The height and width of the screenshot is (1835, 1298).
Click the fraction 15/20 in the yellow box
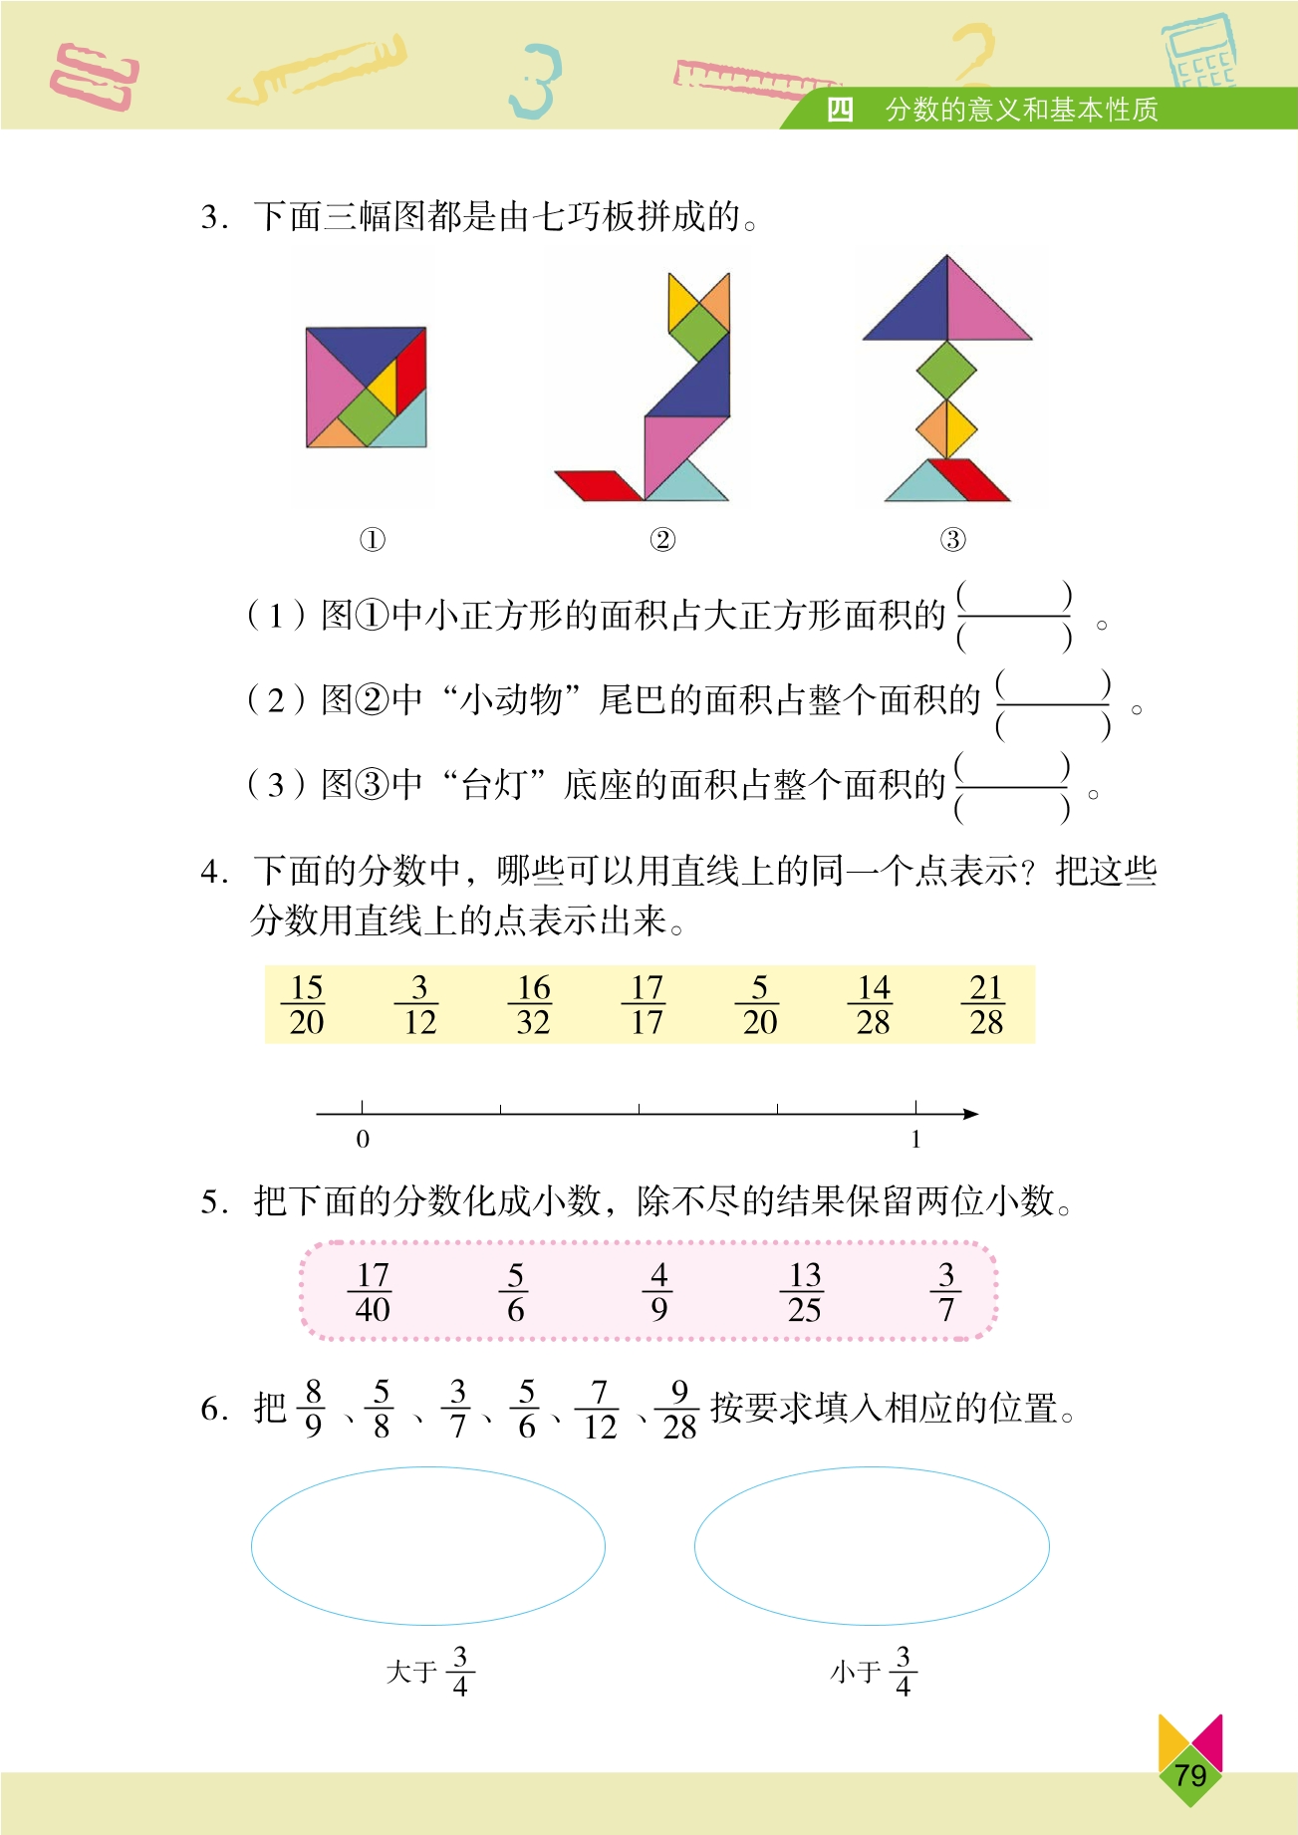tap(306, 1004)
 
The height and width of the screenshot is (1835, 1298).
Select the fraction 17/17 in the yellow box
tap(647, 1004)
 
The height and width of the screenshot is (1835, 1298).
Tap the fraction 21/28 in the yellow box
tap(986, 1004)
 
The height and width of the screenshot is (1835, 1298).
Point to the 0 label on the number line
tap(363, 1139)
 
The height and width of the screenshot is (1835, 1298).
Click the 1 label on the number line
tap(915, 1139)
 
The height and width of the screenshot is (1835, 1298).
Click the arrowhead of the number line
tap(971, 1114)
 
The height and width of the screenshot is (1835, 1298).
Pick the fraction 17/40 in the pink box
tap(373, 1292)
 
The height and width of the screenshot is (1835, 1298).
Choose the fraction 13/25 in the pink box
tap(804, 1292)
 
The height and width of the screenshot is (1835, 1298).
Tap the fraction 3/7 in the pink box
tap(946, 1292)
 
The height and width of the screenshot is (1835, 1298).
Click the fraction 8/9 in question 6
tap(313, 1409)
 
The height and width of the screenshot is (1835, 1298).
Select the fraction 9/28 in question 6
tap(679, 1409)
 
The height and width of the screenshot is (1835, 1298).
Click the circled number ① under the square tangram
tap(372, 540)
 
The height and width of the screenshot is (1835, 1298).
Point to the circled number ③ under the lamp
tap(953, 540)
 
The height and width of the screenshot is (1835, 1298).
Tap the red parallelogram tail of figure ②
tap(599, 485)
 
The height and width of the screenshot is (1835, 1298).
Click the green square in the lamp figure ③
tap(946, 370)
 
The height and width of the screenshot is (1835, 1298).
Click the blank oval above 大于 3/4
tap(428, 1545)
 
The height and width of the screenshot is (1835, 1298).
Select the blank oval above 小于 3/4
tap(872, 1545)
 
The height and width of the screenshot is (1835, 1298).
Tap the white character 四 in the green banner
tap(840, 110)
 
